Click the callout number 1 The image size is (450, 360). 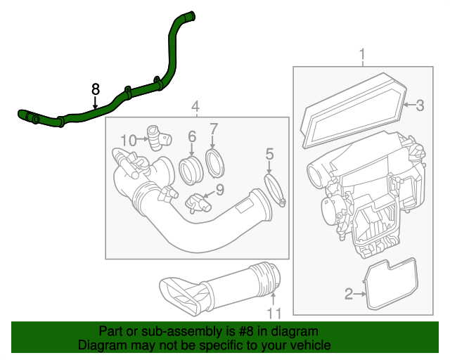click(x=363, y=55)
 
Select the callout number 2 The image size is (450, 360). click(x=349, y=294)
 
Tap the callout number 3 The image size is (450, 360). click(x=419, y=106)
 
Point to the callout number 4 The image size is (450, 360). click(x=196, y=107)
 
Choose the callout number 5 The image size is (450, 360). click(x=269, y=153)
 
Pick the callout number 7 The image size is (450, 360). click(x=214, y=129)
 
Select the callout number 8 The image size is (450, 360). click(x=96, y=89)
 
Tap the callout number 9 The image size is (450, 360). click(x=219, y=189)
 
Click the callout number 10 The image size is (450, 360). click(x=127, y=140)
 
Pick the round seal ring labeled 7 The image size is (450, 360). click(x=215, y=161)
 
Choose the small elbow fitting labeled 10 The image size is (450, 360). click(x=155, y=136)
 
